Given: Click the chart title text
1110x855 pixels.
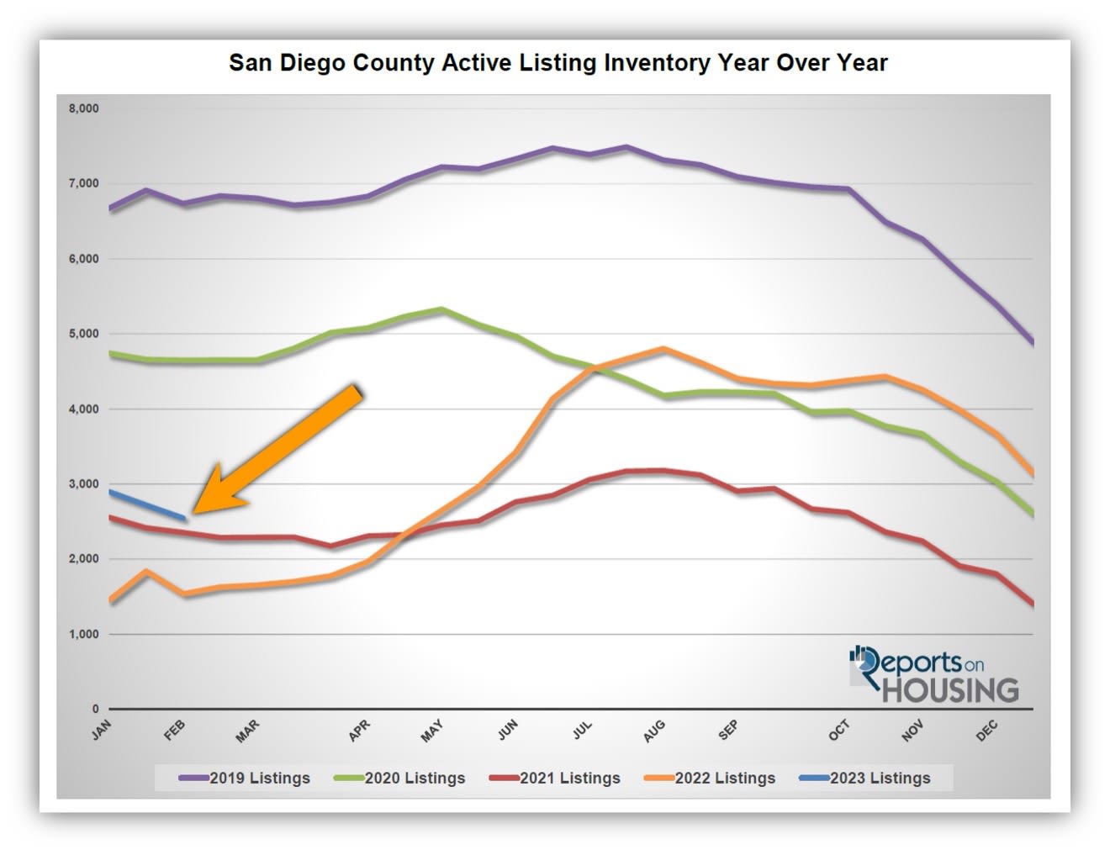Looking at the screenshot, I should pyautogui.click(x=558, y=63).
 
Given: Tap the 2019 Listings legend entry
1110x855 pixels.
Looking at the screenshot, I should pyautogui.click(x=246, y=778).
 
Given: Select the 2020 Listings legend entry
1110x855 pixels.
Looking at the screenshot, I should pyautogui.click(x=400, y=778).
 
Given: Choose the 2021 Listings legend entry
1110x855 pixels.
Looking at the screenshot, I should pyautogui.click(x=556, y=778).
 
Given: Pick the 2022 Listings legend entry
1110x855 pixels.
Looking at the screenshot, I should pyautogui.click(x=711, y=778).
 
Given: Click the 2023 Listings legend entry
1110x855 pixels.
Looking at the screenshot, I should pyautogui.click(x=866, y=778).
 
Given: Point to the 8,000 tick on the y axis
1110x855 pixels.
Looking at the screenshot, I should pyautogui.click(x=83, y=108).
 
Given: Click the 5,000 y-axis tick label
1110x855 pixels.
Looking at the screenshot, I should pyautogui.click(x=83, y=334).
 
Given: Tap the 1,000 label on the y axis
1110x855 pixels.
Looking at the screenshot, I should pyautogui.click(x=83, y=634).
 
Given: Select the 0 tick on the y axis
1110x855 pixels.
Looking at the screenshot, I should pyautogui.click(x=95, y=709).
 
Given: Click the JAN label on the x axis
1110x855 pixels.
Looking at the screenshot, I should pyautogui.click(x=102, y=731).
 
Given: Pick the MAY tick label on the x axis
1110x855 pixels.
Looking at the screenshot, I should pyautogui.click(x=431, y=731).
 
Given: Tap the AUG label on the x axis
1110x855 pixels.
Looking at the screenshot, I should pyautogui.click(x=654, y=731).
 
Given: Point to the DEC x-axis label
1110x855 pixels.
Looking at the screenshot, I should pyautogui.click(x=986, y=730).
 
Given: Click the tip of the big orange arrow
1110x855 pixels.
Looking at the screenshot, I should pyautogui.click(x=195, y=511).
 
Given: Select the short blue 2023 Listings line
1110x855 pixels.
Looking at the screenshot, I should pyautogui.click(x=147, y=504).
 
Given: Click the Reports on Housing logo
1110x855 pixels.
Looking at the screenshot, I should pyautogui.click(x=933, y=674).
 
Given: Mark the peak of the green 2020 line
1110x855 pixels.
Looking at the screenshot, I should pyautogui.click(x=442, y=309).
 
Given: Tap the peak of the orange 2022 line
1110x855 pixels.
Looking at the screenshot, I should pyautogui.click(x=663, y=348).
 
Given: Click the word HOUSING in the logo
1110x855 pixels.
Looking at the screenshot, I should pyautogui.click(x=950, y=690).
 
